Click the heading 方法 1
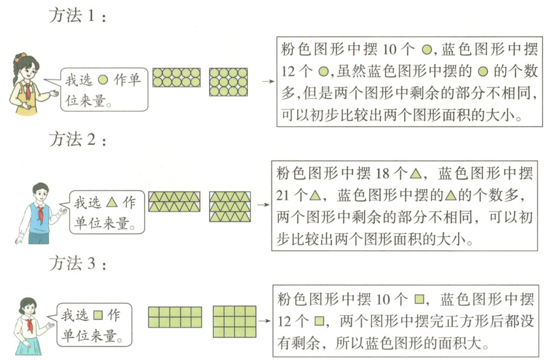(x=78, y=17)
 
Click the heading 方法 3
(x=78, y=265)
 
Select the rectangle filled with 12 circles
(x=228, y=82)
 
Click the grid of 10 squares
(x=175, y=317)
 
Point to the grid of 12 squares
(x=234, y=321)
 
